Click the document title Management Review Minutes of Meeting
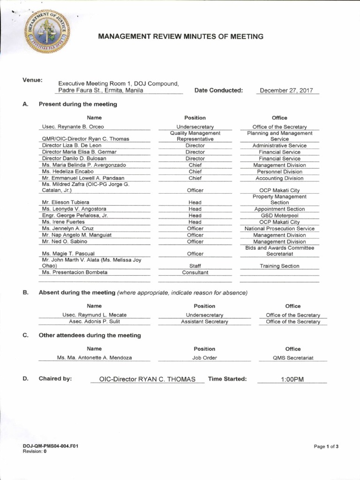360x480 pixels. [x=181, y=37]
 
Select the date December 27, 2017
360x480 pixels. [x=286, y=90]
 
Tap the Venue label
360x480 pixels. [x=32, y=80]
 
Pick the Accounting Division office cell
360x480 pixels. [x=279, y=178]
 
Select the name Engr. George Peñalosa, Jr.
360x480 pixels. [x=75, y=216]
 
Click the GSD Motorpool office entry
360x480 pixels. [x=279, y=216]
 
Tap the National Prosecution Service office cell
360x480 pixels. [x=279, y=229]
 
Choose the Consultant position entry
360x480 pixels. [x=195, y=272]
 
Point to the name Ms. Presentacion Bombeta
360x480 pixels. [x=75, y=272]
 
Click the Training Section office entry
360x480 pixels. [x=279, y=266]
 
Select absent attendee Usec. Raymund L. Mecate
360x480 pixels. [x=94, y=315]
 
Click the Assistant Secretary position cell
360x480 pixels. [x=204, y=322]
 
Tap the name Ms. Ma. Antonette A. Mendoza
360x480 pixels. [x=94, y=358]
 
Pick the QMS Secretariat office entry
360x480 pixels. [x=293, y=358]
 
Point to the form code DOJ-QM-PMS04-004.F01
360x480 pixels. [x=50, y=446]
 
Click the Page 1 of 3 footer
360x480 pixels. [x=326, y=446]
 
